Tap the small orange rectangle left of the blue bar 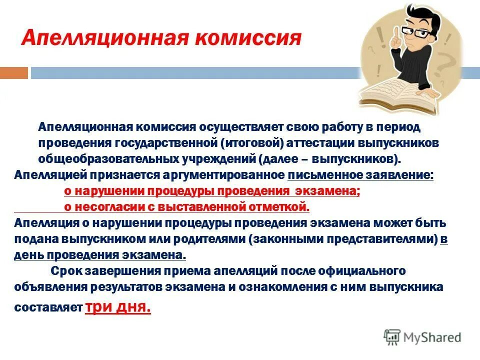point(14,73)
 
